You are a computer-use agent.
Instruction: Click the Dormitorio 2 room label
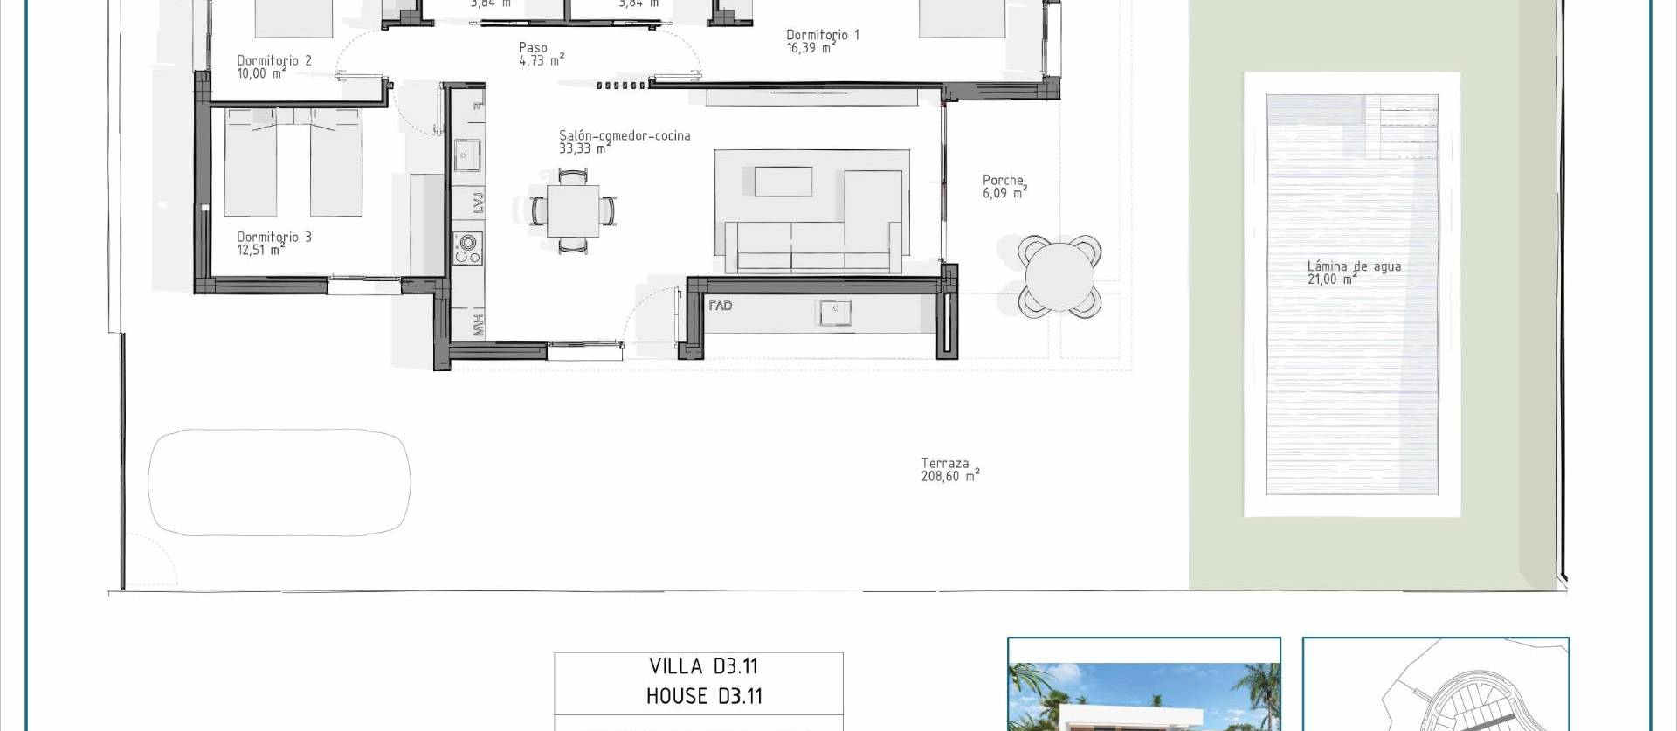coord(273,60)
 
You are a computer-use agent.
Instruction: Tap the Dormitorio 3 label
coord(273,237)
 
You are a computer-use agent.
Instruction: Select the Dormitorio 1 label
coord(822,35)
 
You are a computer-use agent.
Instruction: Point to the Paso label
coord(533,48)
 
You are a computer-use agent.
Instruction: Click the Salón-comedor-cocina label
coord(625,135)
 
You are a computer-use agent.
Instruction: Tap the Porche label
coord(1003,180)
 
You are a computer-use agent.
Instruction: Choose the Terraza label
coord(945,463)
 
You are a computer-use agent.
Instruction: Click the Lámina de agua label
coord(1354,266)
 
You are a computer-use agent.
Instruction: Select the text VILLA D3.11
coord(703,666)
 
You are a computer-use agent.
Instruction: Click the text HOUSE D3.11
coord(704,696)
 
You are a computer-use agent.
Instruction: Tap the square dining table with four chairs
coord(573,211)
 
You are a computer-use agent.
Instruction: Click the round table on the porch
coord(1059,275)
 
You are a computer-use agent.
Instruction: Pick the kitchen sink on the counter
coord(467,156)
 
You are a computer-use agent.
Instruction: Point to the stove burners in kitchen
coord(468,248)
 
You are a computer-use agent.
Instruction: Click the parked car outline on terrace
coord(279,481)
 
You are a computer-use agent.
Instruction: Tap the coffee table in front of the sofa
coord(783,182)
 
